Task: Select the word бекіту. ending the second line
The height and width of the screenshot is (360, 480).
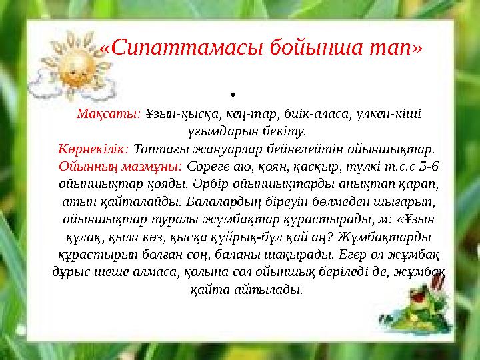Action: pos(286,131)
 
